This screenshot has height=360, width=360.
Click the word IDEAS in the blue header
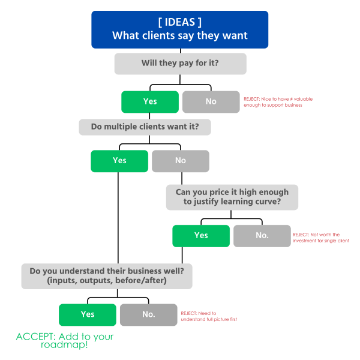(180, 22)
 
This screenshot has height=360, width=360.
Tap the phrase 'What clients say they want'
(180, 36)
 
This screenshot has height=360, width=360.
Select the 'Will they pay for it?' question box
(180, 64)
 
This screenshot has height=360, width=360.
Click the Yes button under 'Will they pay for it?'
(150, 101)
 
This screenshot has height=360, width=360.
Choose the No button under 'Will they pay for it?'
(211, 101)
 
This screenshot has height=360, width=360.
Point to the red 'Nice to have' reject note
(277, 101)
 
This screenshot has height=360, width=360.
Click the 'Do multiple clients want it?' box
(145, 127)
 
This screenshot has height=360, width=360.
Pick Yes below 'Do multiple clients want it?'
(119, 161)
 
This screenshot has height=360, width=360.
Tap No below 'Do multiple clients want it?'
(180, 161)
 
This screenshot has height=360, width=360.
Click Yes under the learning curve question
(201, 235)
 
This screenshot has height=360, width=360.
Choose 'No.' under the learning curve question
(262, 235)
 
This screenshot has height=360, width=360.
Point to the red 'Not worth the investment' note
(320, 238)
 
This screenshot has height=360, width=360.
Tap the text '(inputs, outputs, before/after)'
(107, 281)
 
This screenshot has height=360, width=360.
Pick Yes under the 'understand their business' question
(88, 314)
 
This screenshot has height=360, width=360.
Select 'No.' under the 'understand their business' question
(148, 314)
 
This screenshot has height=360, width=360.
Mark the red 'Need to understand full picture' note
(209, 316)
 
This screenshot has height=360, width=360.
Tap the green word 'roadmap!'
(64, 346)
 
